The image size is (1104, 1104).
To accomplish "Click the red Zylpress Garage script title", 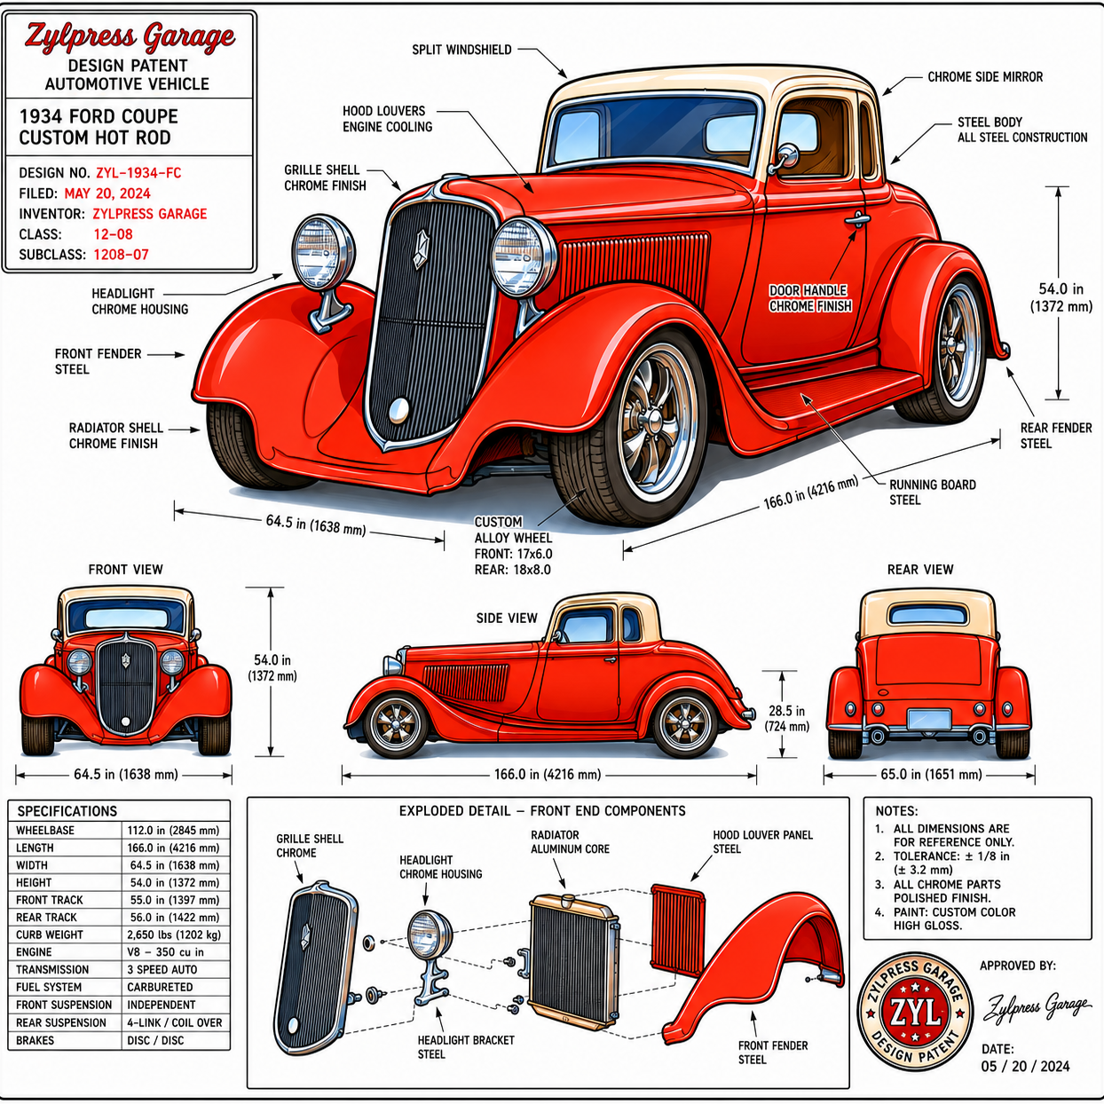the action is coord(130,37).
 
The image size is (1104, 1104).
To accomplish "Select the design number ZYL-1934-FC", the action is coord(138,172).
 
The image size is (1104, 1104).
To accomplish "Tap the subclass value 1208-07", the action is coord(121,255).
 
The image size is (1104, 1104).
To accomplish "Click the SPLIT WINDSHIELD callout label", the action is coord(461,50).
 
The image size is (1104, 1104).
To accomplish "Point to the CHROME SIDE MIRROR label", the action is coord(985,77).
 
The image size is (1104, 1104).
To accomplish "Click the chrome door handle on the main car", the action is coord(856,218).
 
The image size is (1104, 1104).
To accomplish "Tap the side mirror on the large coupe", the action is coord(784,158).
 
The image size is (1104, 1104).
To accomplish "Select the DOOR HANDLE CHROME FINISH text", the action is coord(810,298).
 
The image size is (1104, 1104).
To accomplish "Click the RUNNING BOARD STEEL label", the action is coord(932,493).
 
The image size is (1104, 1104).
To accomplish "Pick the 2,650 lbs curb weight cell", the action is coord(174,934).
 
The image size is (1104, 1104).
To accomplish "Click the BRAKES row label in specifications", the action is coord(35,1040).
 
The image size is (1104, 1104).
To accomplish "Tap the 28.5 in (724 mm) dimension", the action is coord(786,719).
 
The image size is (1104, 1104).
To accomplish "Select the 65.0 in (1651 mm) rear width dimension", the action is coord(931,775).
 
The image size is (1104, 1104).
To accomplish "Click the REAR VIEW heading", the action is coord(920,570).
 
